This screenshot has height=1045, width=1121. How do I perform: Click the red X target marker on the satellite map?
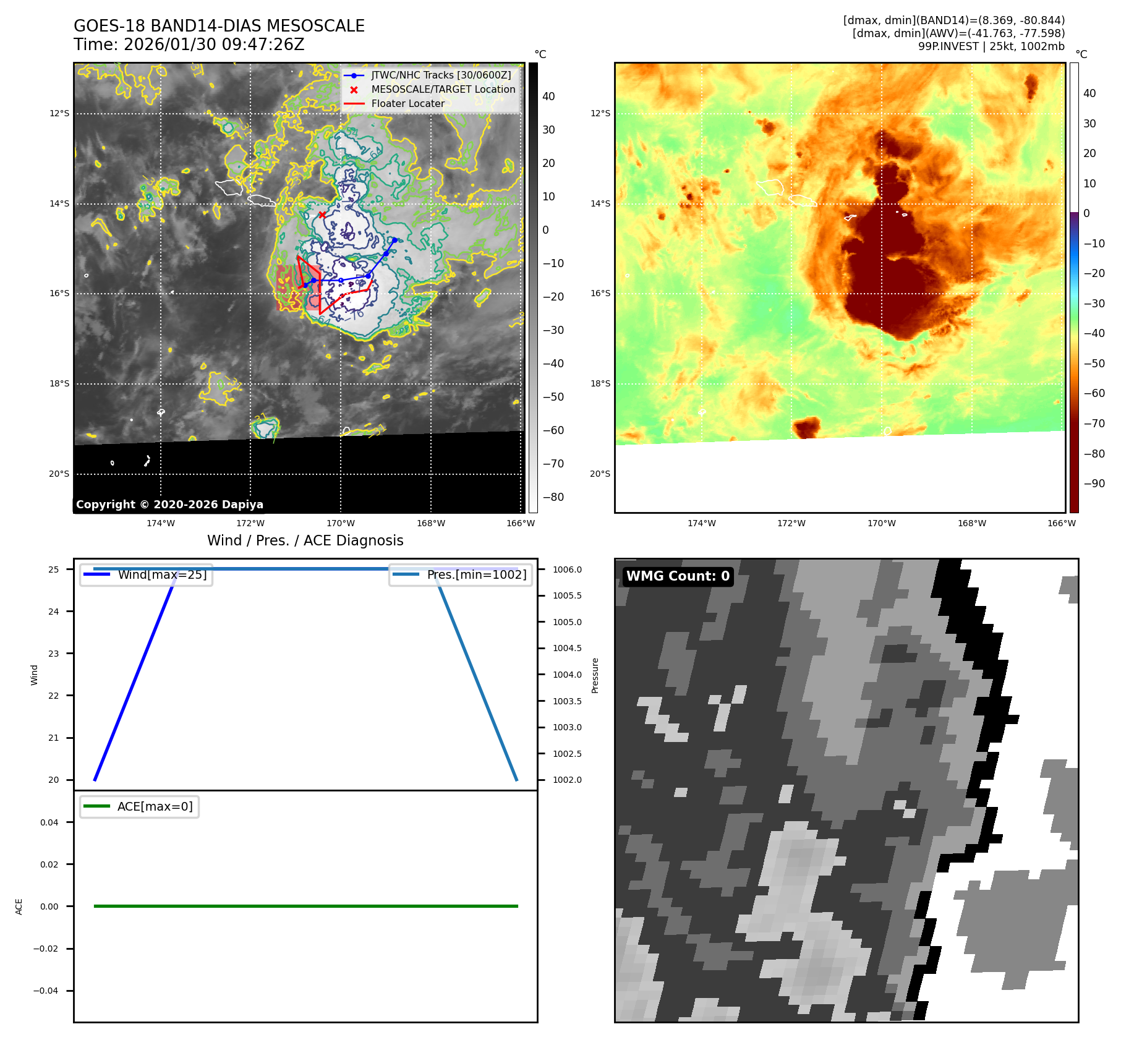pyautogui.click(x=322, y=215)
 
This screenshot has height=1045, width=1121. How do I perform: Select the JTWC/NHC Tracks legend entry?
pyautogui.click(x=441, y=75)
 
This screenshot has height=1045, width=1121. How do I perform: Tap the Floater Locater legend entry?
pyautogui.click(x=407, y=104)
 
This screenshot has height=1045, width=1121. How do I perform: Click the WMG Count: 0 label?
pyautogui.click(x=678, y=576)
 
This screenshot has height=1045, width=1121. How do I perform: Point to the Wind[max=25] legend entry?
pyautogui.click(x=162, y=575)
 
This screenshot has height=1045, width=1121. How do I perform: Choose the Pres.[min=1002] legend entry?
pyautogui.click(x=476, y=575)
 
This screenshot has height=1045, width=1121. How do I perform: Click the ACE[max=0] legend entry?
pyautogui.click(x=155, y=807)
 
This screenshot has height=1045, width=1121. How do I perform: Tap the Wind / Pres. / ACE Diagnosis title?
pyautogui.click(x=305, y=540)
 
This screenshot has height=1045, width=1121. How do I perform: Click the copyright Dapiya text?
pyautogui.click(x=169, y=505)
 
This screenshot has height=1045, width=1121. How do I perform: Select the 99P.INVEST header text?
pyautogui.click(x=991, y=46)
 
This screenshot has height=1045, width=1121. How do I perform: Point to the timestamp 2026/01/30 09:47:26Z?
pyautogui.click(x=214, y=45)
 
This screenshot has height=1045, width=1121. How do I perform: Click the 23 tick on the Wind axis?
pyautogui.click(x=54, y=654)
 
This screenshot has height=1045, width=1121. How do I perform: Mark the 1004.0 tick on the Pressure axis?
pyautogui.click(x=567, y=675)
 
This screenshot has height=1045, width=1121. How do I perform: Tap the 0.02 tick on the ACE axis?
pyautogui.click(x=49, y=864)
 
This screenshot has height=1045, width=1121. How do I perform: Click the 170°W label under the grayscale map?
pyautogui.click(x=341, y=524)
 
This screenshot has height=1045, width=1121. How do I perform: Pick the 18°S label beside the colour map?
pyautogui.click(x=600, y=384)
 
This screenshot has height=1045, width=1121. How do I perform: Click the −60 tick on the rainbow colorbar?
pyautogui.click(x=1093, y=393)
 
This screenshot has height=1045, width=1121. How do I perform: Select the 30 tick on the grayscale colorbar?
pyautogui.click(x=548, y=130)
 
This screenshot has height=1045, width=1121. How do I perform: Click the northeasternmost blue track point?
pyautogui.click(x=394, y=240)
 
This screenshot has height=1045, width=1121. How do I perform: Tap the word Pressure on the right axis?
pyautogui.click(x=595, y=675)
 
